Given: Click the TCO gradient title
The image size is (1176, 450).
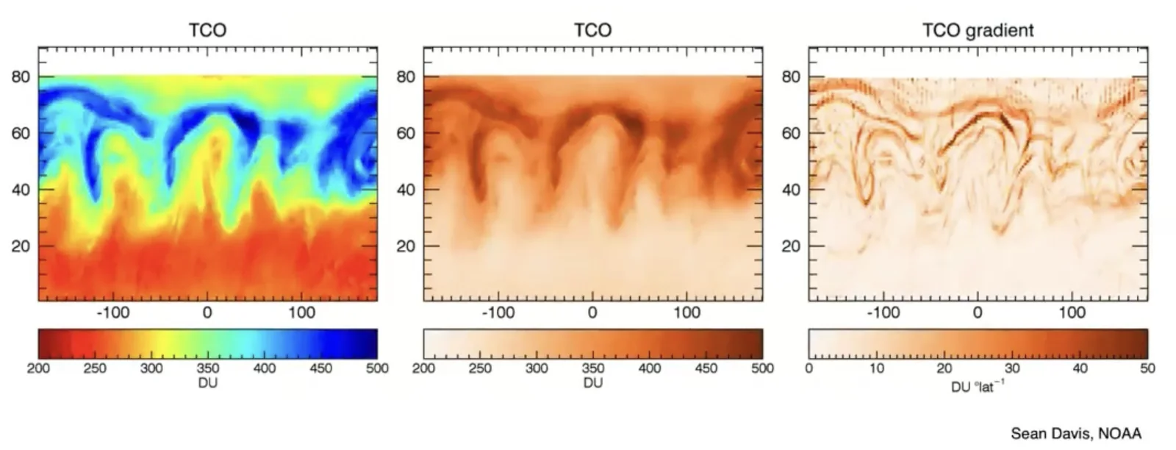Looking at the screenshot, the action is [978, 30].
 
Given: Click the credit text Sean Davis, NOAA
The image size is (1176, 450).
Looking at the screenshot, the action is [1076, 434].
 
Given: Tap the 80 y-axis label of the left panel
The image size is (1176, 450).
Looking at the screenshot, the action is [21, 77].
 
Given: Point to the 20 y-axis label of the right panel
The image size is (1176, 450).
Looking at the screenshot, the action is [791, 246].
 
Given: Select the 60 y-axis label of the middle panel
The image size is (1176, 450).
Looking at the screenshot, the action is [406, 133].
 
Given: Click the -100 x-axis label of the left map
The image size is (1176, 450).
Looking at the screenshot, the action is [113, 313].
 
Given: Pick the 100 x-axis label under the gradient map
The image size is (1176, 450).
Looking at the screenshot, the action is [1072, 313].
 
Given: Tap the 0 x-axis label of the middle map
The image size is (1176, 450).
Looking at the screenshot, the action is [592, 313].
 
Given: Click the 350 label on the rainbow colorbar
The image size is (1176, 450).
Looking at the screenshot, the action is [208, 368].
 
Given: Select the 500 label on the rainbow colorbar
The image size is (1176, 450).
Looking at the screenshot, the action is [378, 368].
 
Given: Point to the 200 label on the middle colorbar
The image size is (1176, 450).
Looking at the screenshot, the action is [423, 368].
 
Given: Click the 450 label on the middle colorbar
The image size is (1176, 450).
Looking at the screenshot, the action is [706, 368].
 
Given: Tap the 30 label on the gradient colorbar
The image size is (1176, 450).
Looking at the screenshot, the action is [1012, 368].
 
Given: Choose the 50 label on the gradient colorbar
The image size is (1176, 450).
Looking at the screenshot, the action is [1147, 368].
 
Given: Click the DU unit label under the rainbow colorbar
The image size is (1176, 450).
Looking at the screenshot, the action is [208, 383].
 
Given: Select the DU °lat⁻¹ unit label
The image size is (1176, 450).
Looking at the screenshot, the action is [978, 387].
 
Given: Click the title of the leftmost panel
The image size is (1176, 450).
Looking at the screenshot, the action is [208, 30].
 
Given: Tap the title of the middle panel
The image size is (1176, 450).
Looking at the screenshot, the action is [592, 30].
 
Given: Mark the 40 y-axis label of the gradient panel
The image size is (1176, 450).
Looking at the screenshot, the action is [791, 190].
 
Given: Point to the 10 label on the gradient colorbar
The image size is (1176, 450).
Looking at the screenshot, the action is [877, 368].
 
